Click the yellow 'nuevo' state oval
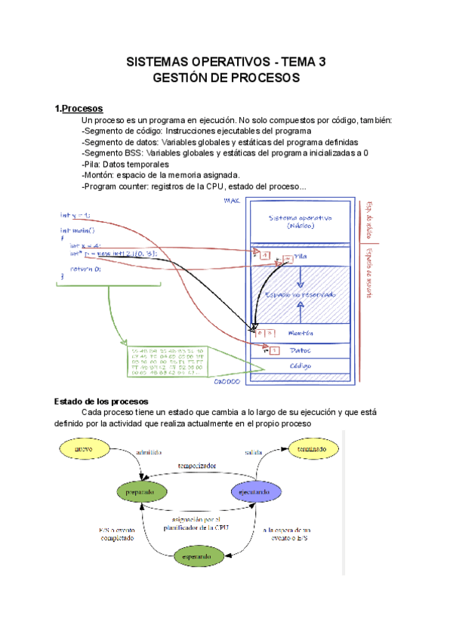[85, 451]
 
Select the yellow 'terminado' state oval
[312, 451]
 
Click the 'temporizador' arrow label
[197, 466]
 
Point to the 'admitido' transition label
[148, 453]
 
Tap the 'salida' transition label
[254, 453]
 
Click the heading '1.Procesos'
[79, 109]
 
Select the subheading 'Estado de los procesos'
[102, 401]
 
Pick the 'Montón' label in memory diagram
[300, 332]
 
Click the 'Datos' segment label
[301, 350]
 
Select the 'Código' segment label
[301, 366]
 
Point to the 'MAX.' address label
[233, 201]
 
